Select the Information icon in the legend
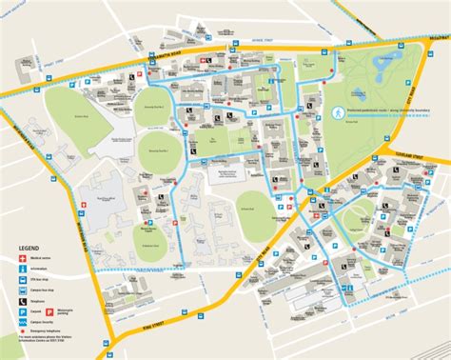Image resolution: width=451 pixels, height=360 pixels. click(22, 270)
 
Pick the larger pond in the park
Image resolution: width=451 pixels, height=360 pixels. click(384, 68)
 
